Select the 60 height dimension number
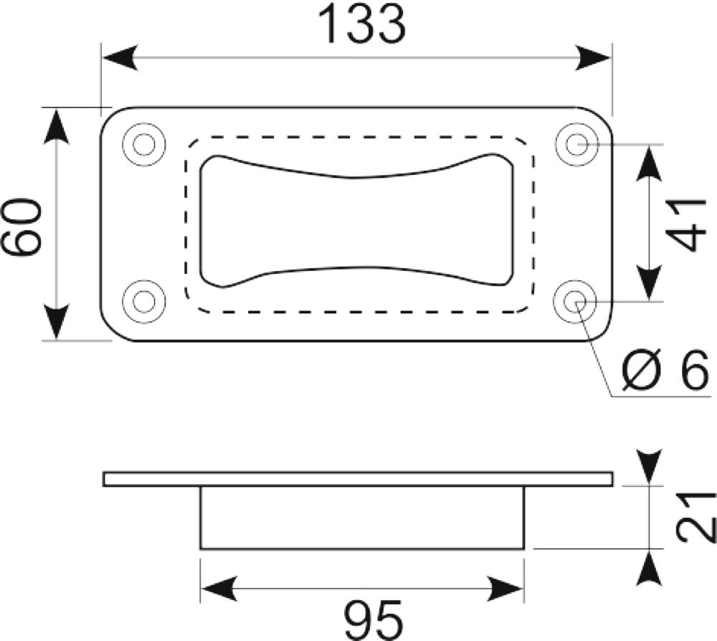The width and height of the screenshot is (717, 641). [22, 226]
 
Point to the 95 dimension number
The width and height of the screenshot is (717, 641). [374, 620]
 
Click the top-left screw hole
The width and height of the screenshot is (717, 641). [144, 145]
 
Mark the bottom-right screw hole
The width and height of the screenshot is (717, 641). [575, 301]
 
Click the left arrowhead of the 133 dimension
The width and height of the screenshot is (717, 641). [120, 58]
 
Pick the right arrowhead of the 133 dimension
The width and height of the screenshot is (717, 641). [593, 58]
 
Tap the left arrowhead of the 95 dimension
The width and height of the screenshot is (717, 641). [219, 589]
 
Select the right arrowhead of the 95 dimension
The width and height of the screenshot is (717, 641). [505, 589]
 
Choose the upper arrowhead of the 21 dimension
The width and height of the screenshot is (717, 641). [650, 467]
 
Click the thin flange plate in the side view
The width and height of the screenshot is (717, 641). [358, 479]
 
